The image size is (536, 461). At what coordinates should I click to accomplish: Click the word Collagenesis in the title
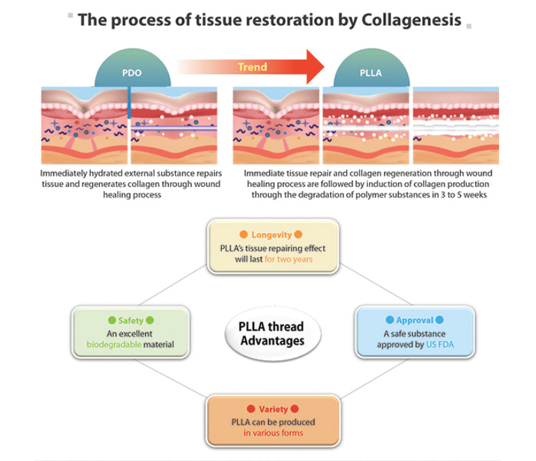point(411,20)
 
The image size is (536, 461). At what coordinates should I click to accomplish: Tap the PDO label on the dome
point(132,73)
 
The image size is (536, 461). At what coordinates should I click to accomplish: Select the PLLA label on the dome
point(371,73)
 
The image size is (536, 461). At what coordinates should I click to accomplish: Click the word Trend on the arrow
point(252,67)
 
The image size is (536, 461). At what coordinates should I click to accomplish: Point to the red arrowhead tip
point(324,66)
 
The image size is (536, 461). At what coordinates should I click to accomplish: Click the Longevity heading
point(271,234)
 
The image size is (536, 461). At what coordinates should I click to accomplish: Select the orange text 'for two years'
point(288,259)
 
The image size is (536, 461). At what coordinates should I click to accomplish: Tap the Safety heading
point(131,320)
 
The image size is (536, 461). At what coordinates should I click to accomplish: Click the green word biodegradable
point(114,345)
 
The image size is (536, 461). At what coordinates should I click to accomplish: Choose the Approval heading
point(415,320)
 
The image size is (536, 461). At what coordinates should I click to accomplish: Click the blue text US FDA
point(440,345)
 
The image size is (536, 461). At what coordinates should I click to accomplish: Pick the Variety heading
point(273,409)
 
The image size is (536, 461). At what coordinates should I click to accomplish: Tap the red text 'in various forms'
point(273,432)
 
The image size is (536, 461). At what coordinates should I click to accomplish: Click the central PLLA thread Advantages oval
point(273,333)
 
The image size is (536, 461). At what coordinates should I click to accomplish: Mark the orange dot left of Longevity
point(244,234)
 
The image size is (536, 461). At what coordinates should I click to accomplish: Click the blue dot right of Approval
point(440,320)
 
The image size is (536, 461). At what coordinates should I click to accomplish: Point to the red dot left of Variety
point(251,409)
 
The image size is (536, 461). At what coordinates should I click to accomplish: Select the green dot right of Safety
point(150,320)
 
